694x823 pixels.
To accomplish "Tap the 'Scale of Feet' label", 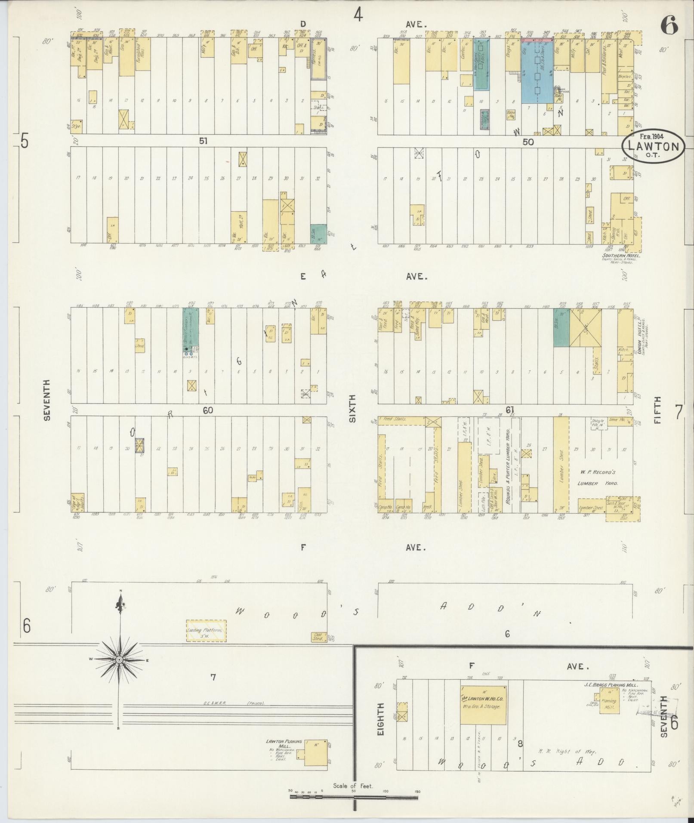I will (353, 786).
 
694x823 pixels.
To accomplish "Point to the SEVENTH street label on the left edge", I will (47, 400).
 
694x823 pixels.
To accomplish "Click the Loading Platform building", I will (206, 631).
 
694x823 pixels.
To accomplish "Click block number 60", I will (208, 410).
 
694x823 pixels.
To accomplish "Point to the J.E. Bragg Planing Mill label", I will (610, 684).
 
